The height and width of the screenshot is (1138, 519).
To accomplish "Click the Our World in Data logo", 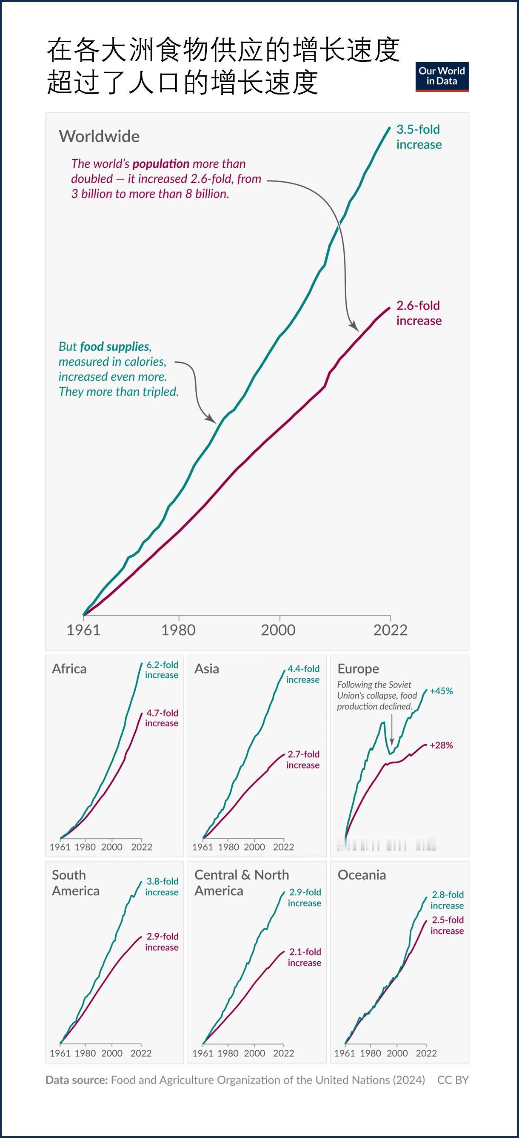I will pyautogui.click(x=442, y=77).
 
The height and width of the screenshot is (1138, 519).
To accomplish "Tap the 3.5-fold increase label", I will pyautogui.click(x=418, y=137).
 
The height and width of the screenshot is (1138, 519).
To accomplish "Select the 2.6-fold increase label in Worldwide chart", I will pyautogui.click(x=418, y=313).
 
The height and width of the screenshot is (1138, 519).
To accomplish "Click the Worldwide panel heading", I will pyautogui.click(x=99, y=136).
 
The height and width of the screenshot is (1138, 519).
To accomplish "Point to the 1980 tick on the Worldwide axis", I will pyautogui.click(x=178, y=630).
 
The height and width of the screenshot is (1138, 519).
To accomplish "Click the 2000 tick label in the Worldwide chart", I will pyautogui.click(x=279, y=630).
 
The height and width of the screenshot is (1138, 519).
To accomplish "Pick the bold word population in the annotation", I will pyautogui.click(x=161, y=164).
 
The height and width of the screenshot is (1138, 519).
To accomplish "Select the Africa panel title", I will pyautogui.click(x=69, y=669).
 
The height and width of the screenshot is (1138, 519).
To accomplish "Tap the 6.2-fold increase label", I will pyautogui.click(x=162, y=670).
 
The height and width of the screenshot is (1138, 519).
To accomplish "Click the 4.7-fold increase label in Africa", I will pyautogui.click(x=162, y=718).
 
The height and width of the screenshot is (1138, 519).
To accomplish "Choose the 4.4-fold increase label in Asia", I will pyautogui.click(x=303, y=674).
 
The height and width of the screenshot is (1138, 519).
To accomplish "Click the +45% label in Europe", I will pyautogui.click(x=441, y=691).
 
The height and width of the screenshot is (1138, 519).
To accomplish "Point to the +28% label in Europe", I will pyautogui.click(x=441, y=745).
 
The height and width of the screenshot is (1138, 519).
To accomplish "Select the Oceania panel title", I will pyautogui.click(x=362, y=875).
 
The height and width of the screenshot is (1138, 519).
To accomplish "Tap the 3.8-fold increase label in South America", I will pyautogui.click(x=162, y=887).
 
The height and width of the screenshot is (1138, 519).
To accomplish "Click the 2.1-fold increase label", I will pyautogui.click(x=305, y=957).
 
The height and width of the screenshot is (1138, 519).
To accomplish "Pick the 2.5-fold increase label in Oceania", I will pyautogui.click(x=447, y=925).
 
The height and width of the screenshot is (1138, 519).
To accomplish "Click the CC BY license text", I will pyautogui.click(x=453, y=1080).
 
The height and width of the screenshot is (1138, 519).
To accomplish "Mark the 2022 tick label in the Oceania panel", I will pyautogui.click(x=426, y=1053).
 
